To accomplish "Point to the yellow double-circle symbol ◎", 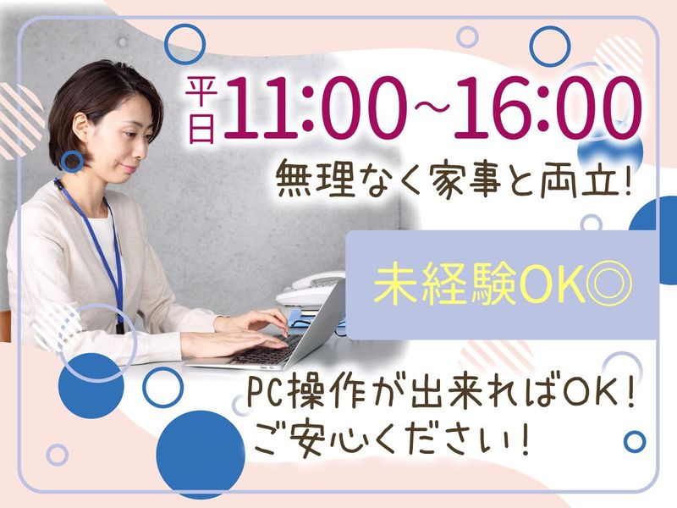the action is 608,285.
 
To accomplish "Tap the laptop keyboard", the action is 267,351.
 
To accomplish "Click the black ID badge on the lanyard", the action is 119,325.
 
